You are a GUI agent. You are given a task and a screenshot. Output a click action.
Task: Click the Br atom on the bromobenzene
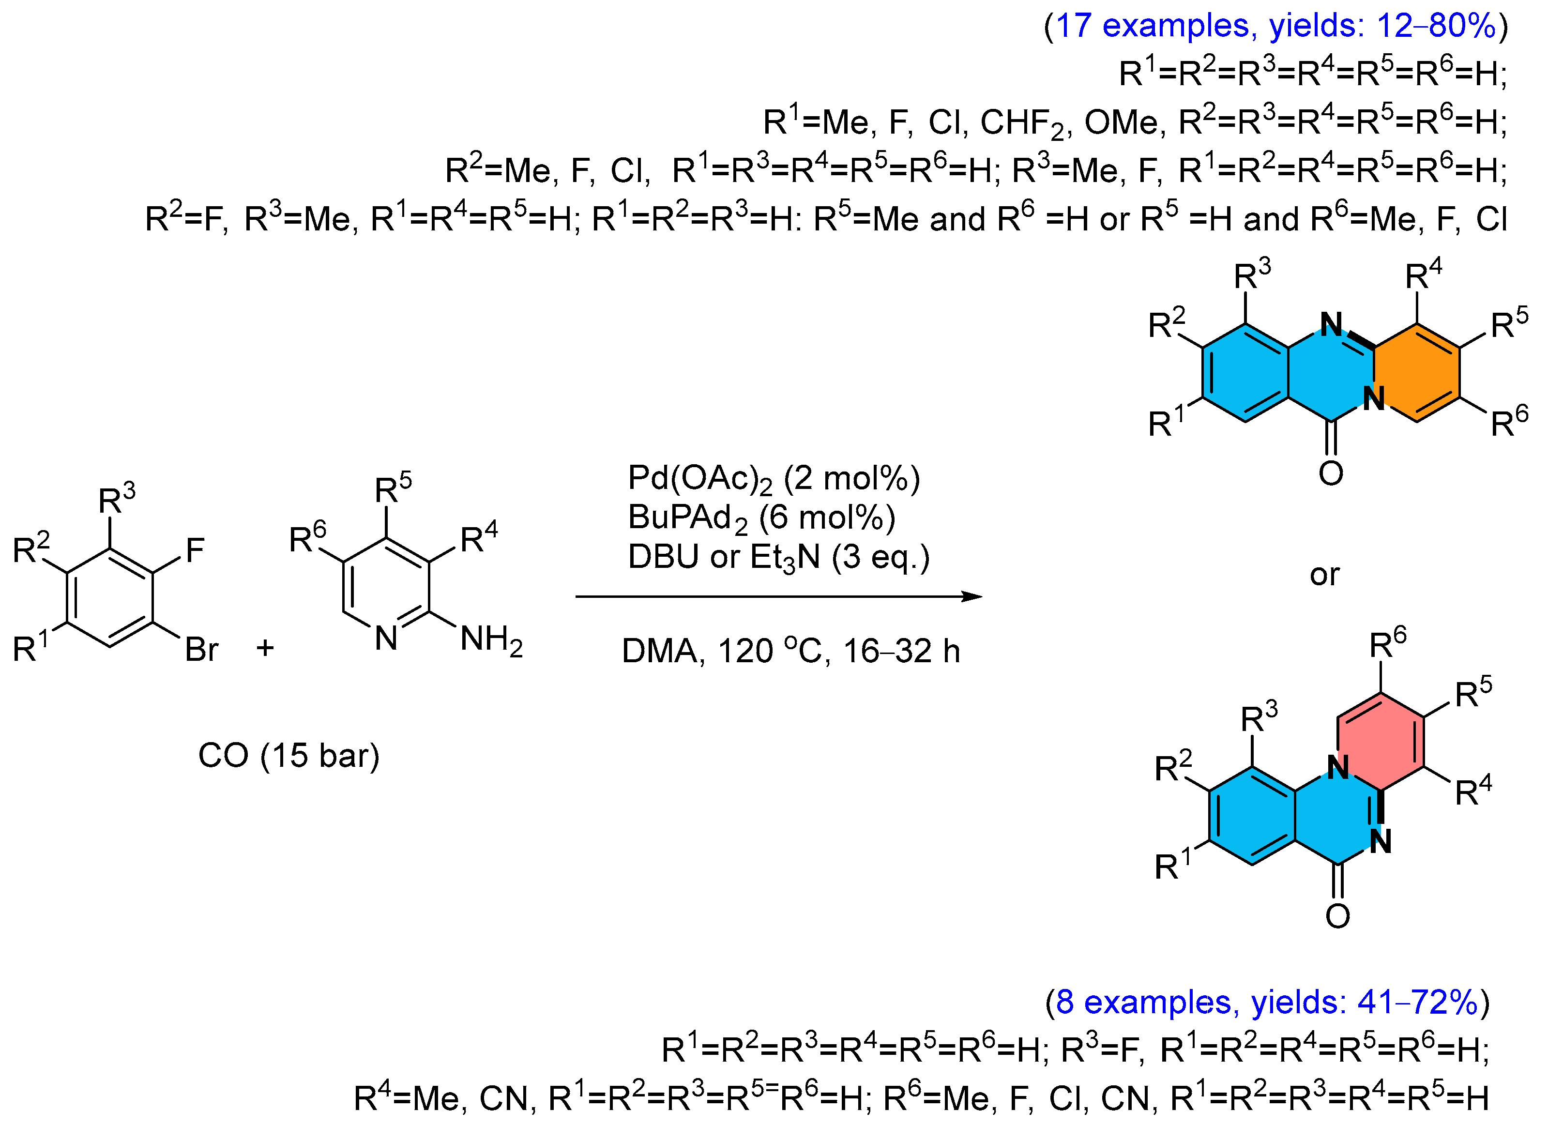click(x=201, y=650)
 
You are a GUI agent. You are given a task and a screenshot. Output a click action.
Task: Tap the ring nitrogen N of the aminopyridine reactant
click(x=386, y=638)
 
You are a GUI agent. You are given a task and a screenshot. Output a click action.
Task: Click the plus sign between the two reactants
click(x=265, y=647)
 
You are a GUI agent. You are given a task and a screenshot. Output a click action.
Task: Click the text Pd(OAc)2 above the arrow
click(x=699, y=479)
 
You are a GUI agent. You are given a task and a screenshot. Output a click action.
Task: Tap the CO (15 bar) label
click(x=288, y=756)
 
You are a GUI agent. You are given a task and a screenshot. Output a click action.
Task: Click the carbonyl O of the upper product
click(x=1331, y=473)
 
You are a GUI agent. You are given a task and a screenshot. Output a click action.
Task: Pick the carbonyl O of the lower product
click(x=1338, y=916)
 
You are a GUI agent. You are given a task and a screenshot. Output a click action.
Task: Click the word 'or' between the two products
click(x=1325, y=575)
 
